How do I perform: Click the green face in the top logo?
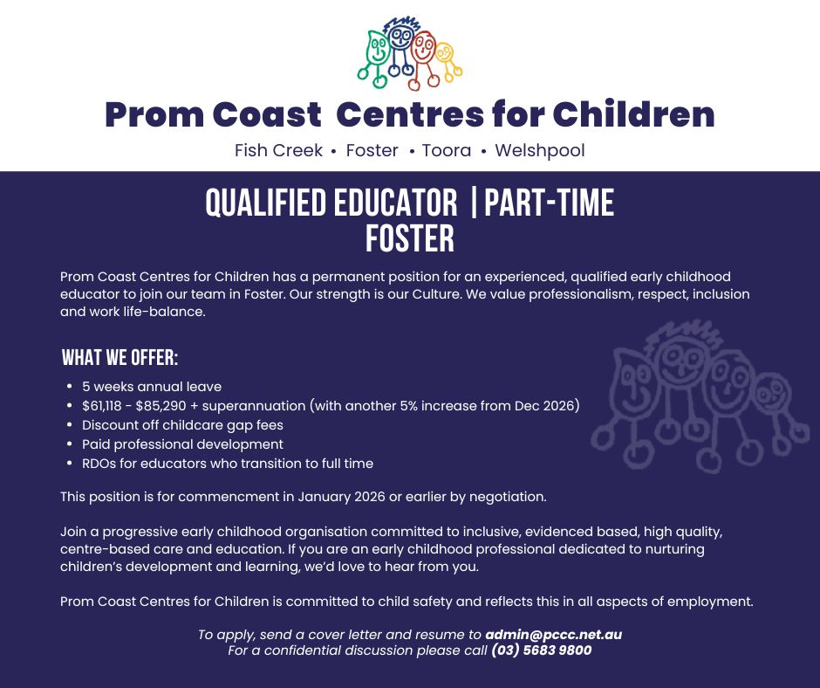coord(377,47)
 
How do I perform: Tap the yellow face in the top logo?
coord(445,52)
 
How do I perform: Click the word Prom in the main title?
coord(154,115)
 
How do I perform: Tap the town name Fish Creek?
coord(278,151)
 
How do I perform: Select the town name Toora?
coord(446,151)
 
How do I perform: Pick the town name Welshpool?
coord(540,151)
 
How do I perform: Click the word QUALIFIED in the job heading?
coord(266,203)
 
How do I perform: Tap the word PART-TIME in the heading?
coord(549,203)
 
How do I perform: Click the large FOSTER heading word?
coord(409,238)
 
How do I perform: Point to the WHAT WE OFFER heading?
coord(120,358)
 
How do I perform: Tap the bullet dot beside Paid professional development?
coord(70,444)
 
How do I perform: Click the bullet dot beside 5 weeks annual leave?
coord(70,387)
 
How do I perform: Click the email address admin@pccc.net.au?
coord(554,635)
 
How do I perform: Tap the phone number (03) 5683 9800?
coord(541,650)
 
